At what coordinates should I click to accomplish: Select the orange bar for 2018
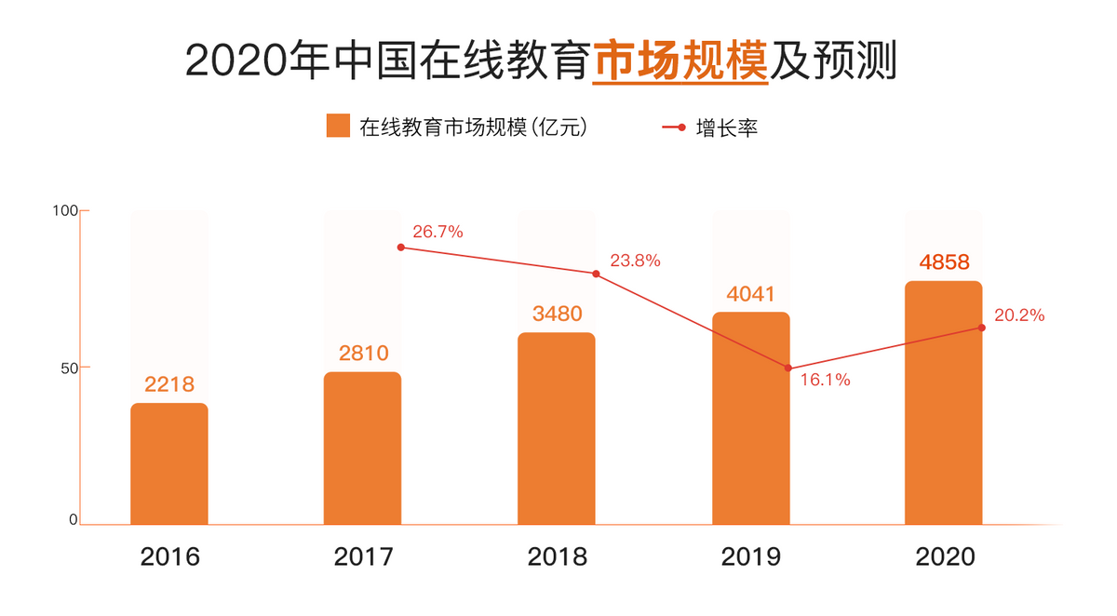556,428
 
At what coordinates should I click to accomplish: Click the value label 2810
363,354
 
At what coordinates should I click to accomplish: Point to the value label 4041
750,294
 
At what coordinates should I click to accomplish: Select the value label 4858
944,261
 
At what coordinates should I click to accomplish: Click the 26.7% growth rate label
437,232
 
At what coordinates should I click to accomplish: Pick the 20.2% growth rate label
1018,315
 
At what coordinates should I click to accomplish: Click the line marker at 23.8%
595,274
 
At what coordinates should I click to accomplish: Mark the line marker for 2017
401,248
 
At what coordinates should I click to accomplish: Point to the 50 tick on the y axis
64,367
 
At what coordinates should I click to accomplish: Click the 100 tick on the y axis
61,210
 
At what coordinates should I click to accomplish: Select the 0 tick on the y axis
72,519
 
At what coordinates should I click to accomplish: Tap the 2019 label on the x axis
750,557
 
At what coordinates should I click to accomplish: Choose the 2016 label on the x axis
169,557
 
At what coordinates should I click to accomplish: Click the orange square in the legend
338,127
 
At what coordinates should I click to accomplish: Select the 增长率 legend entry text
727,127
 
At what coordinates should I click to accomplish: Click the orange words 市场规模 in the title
680,60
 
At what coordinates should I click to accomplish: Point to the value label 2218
169,384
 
